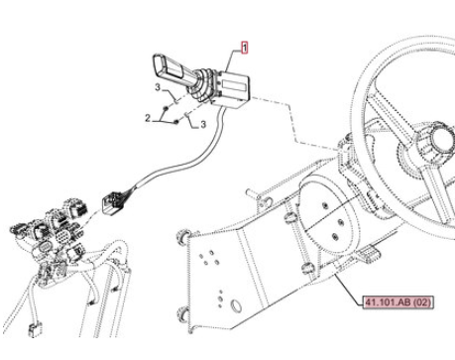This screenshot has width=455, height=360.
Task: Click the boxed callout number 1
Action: [x=245, y=48]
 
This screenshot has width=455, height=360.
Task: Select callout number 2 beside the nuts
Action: [x=148, y=118]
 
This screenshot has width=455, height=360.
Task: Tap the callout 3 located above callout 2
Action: [x=158, y=87]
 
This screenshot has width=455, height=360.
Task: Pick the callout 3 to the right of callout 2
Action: [x=203, y=124]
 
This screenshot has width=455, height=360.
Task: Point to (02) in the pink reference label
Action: [x=422, y=302]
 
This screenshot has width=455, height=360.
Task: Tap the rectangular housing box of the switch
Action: [x=232, y=88]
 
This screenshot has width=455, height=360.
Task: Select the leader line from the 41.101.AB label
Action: [x=349, y=289]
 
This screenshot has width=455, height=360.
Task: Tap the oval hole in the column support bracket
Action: [x=236, y=305]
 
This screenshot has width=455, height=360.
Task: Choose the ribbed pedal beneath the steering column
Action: [x=369, y=254]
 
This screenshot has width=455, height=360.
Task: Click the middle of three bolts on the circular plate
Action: [x=340, y=222]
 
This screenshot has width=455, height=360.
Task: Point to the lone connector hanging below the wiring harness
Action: [x=34, y=330]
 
